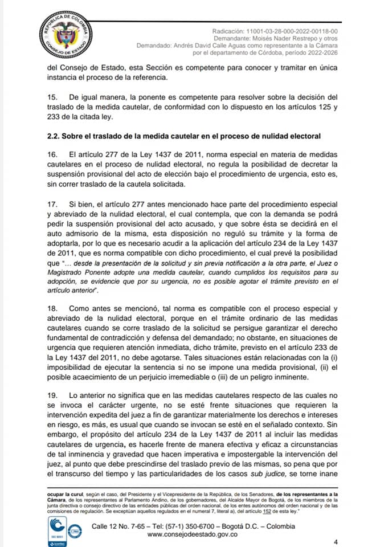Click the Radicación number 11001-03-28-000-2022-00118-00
pyautogui.click(x=290, y=31)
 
